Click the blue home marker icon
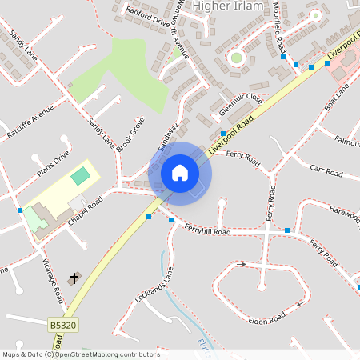point(180,173)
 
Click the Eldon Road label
point(266,318)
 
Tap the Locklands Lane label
point(154,285)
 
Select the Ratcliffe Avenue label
point(31,121)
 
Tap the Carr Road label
point(326,171)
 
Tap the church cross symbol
point(75,278)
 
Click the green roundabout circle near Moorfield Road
point(236,57)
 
